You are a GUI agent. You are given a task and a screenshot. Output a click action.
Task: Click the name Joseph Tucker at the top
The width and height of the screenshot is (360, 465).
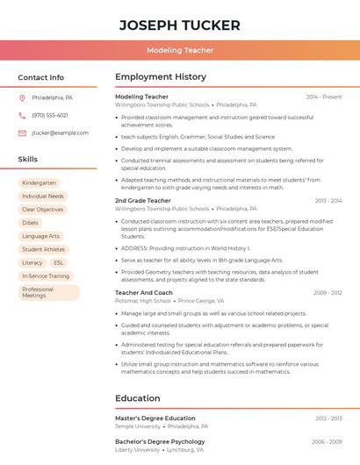(180, 24)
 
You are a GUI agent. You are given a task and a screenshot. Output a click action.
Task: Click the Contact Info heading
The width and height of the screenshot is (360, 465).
(40, 77)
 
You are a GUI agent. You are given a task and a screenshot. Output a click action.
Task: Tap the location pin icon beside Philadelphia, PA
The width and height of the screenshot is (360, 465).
(22, 97)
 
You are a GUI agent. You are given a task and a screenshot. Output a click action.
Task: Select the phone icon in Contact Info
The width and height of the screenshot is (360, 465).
(22, 115)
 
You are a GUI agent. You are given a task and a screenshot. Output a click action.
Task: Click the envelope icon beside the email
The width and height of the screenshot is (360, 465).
(22, 133)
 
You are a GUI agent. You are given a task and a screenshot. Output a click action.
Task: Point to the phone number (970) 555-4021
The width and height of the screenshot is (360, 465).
(50, 115)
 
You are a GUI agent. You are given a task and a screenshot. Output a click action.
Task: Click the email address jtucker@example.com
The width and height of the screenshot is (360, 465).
(60, 133)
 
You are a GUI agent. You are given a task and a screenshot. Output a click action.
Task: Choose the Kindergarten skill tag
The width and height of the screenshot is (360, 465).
(40, 183)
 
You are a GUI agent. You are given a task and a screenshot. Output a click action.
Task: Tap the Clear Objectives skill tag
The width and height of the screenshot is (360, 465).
(43, 210)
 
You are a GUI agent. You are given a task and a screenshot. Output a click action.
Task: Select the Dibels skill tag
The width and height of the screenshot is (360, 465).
(31, 223)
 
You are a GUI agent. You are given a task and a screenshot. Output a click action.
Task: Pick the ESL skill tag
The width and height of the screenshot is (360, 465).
(58, 262)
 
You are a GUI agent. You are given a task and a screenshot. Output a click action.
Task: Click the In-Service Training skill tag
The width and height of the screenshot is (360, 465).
(46, 275)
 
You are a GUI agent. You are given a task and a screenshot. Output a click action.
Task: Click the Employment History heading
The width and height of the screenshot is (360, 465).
(161, 77)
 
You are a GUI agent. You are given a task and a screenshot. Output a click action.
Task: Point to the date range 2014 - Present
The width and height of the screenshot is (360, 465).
(324, 97)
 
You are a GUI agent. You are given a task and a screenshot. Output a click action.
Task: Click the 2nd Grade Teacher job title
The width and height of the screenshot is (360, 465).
(143, 201)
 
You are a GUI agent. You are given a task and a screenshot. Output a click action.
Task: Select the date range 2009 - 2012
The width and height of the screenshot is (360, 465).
(327, 293)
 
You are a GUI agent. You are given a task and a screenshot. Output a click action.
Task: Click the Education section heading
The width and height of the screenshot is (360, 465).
(138, 398)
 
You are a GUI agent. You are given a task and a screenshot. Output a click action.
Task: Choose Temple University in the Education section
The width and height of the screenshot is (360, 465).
(138, 426)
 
